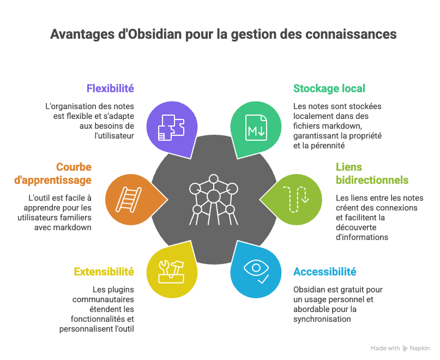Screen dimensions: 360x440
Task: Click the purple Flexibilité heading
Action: click(x=110, y=88)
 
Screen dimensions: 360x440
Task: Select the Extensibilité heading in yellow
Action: click(x=104, y=272)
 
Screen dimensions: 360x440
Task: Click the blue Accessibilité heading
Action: click(x=325, y=272)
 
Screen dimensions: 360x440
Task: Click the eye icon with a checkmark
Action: click(x=256, y=269)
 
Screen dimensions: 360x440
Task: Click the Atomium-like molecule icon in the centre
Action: click(x=213, y=201)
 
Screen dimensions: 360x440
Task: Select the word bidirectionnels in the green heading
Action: click(x=372, y=179)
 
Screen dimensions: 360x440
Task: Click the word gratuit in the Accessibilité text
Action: click(x=357, y=289)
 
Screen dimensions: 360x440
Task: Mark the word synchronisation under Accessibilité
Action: click(x=321, y=319)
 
